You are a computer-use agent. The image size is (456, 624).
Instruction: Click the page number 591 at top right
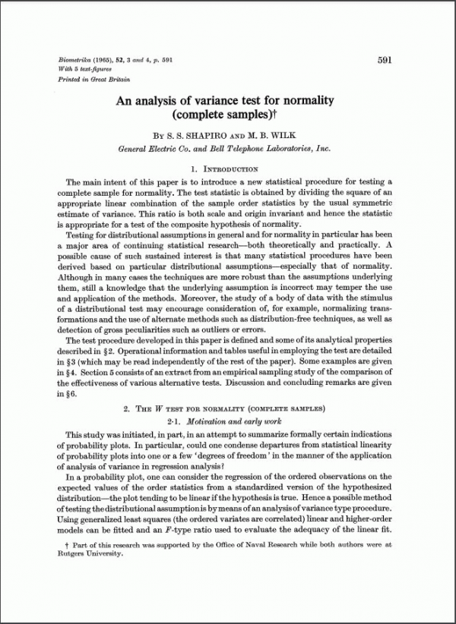384,61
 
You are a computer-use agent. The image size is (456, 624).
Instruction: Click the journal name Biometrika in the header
74,60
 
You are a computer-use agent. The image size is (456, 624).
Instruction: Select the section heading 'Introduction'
232,169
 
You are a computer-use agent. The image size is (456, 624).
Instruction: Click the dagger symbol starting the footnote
69,544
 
